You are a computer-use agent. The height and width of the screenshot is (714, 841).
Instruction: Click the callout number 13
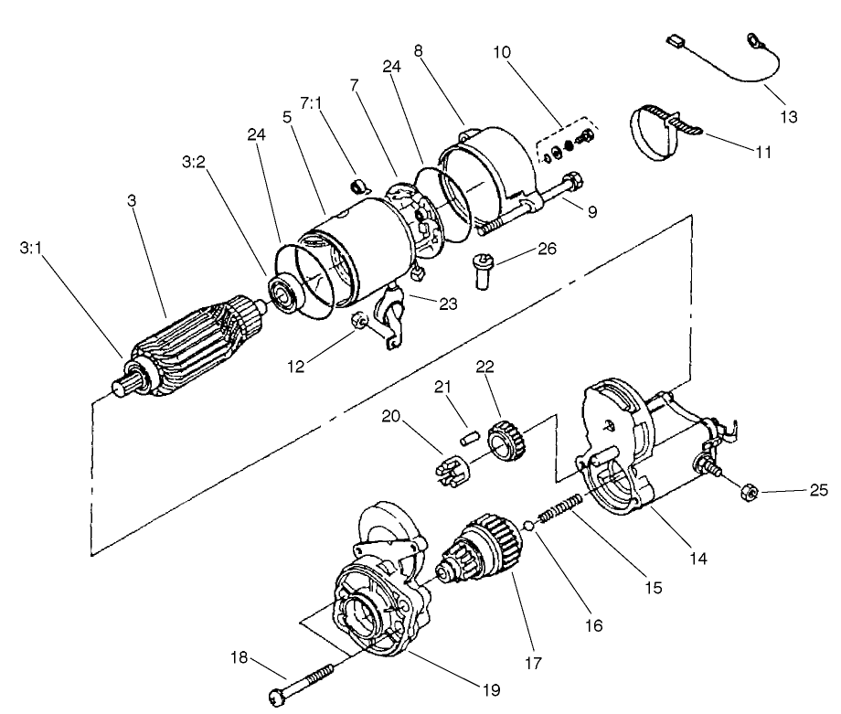tap(789, 117)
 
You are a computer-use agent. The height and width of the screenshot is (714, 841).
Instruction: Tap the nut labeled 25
tap(747, 495)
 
